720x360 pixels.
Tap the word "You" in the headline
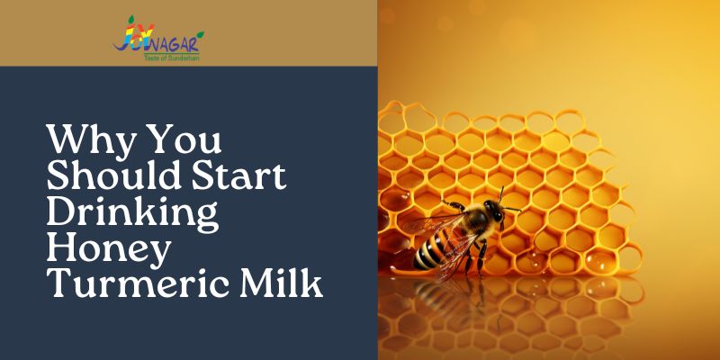point(192,141)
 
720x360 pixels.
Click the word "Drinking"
point(131,214)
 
